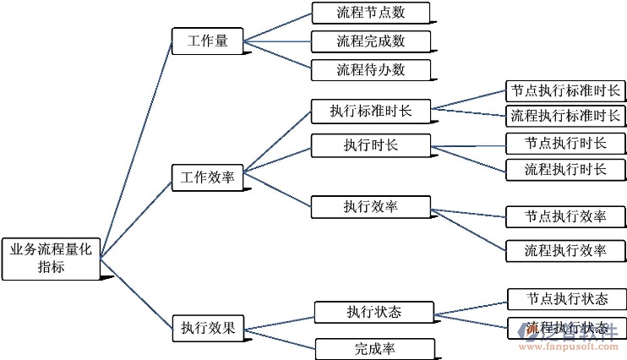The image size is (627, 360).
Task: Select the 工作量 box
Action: point(207,41)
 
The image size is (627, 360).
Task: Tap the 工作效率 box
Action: point(207,178)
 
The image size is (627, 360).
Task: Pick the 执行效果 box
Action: point(207,327)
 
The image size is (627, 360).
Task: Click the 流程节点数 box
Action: point(370,13)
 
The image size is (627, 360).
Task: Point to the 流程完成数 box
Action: point(370,41)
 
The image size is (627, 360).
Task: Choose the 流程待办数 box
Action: point(370,69)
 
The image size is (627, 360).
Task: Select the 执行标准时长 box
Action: point(370,111)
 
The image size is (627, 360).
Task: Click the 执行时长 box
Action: point(370,145)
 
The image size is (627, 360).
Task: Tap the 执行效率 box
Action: point(370,206)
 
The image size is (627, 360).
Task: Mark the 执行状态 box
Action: point(373,312)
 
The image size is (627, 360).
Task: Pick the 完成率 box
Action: point(375,348)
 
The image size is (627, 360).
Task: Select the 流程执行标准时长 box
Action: point(565,116)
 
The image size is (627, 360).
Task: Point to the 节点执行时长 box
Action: point(565,143)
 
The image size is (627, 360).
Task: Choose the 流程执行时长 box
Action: point(565,169)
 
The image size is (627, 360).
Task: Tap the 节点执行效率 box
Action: point(565,216)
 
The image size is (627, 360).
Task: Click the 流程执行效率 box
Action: point(565,250)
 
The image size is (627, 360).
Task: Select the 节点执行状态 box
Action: point(566,299)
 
